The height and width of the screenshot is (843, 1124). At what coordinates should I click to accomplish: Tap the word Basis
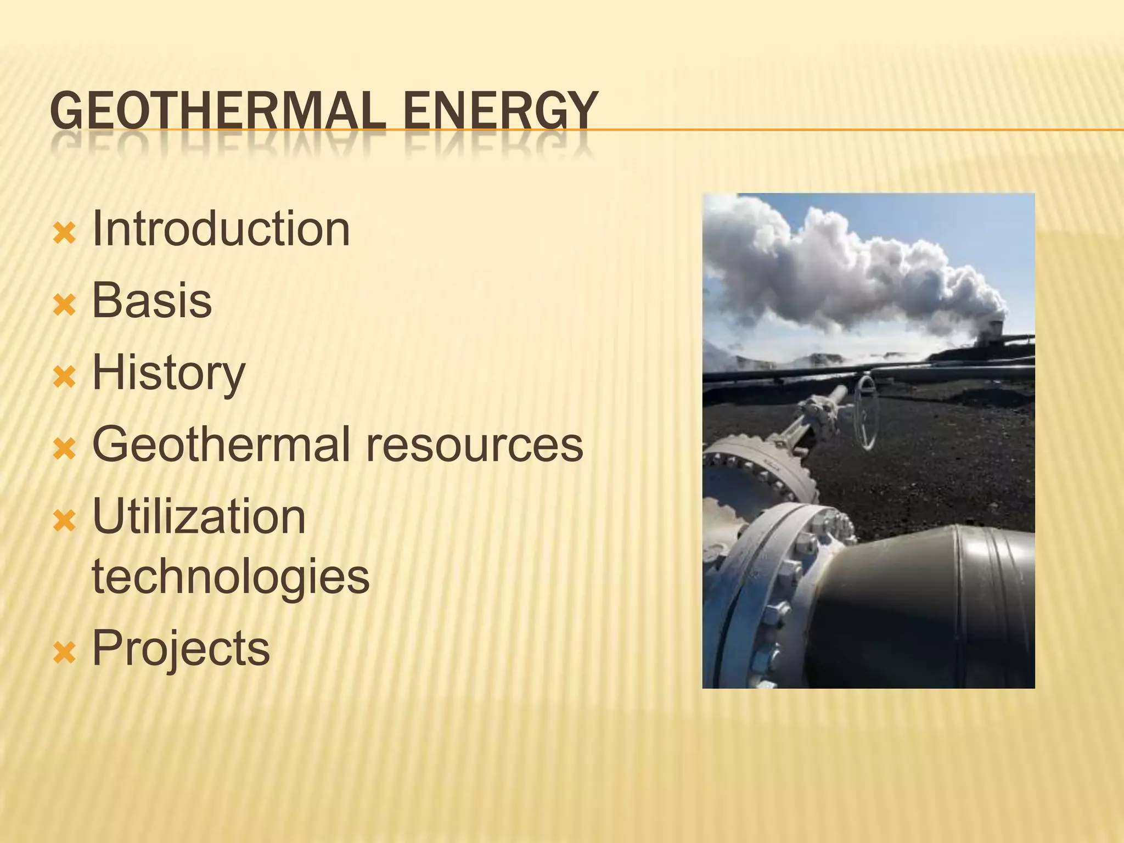coord(151,300)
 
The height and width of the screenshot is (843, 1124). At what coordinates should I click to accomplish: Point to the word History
coord(168,373)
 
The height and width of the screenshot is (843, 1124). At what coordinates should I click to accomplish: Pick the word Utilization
coord(199,516)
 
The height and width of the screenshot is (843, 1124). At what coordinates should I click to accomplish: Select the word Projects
coord(181,649)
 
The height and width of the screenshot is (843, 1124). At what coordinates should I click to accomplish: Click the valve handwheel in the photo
coord(867,412)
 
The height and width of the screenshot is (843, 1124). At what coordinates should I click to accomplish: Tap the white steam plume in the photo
coord(856,263)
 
